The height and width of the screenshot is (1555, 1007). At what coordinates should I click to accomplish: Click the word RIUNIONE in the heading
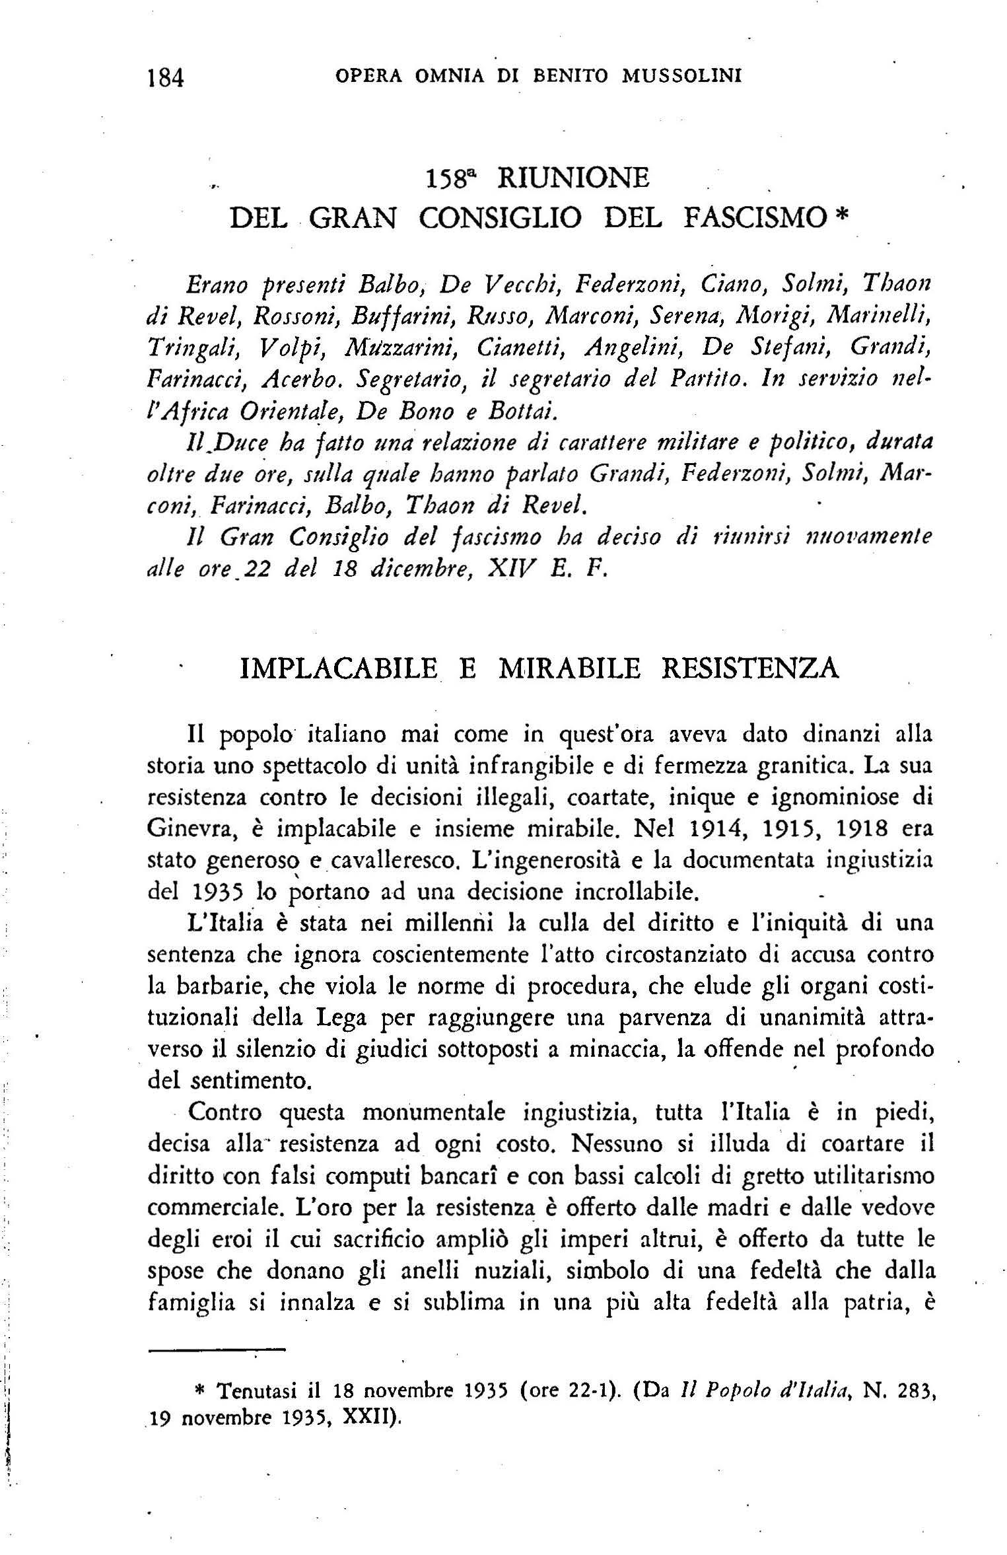pos(573,178)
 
